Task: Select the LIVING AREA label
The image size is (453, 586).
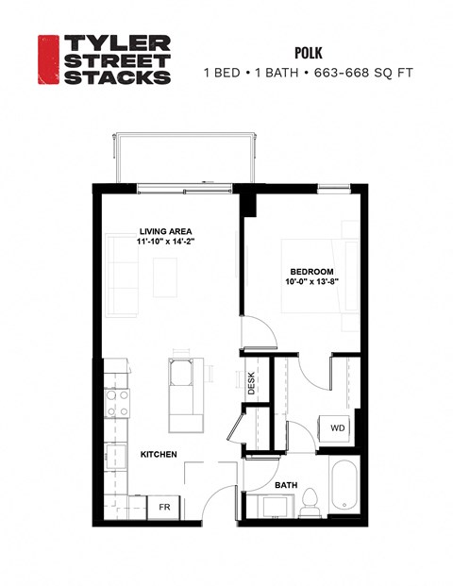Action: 167,230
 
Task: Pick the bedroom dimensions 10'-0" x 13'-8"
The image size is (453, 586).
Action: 306,281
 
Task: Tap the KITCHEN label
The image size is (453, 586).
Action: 159,455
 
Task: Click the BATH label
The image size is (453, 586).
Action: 286,486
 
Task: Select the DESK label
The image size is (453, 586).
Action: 252,382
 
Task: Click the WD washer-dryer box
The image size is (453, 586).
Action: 338,427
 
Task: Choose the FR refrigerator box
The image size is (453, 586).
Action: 163,507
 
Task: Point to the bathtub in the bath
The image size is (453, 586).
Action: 344,489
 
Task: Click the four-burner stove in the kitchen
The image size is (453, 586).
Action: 117,403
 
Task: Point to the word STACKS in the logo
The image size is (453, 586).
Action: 115,77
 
